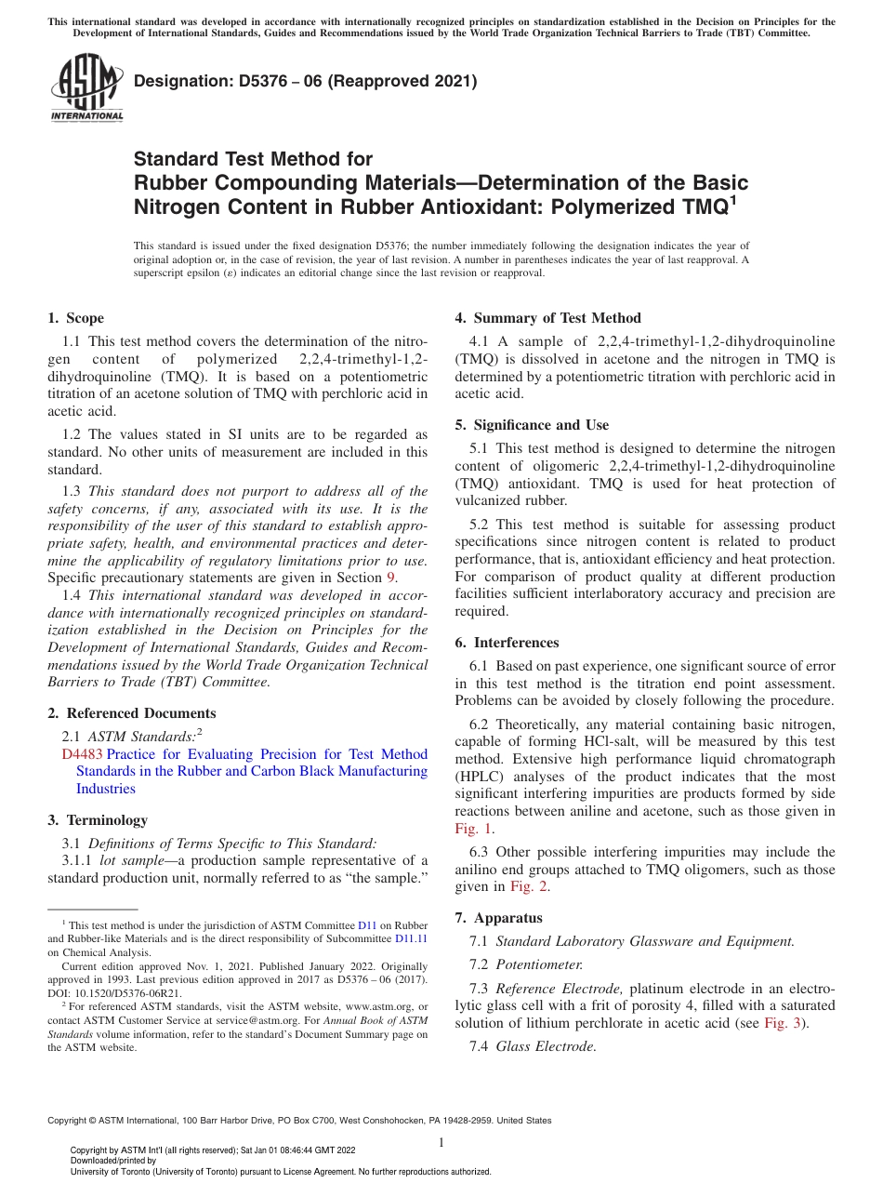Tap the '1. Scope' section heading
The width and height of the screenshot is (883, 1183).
(75, 318)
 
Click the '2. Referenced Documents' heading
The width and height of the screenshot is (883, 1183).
(131, 713)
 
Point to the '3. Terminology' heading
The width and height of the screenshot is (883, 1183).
(98, 820)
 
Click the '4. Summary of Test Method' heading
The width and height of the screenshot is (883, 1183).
(547, 317)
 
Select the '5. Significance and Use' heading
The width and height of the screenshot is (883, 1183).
(532, 425)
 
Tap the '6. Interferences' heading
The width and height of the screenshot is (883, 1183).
(507, 643)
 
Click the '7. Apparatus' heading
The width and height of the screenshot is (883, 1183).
(498, 918)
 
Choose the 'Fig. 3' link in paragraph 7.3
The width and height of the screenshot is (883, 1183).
(780, 1023)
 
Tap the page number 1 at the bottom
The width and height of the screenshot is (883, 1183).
(441, 1143)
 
